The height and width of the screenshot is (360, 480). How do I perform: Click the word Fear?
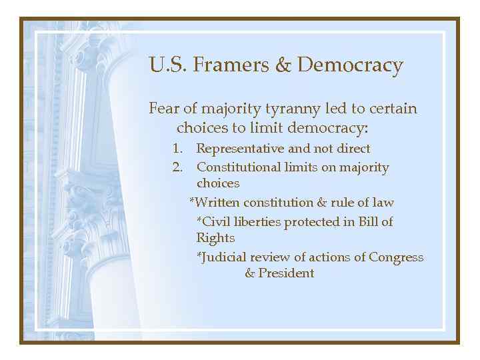click(x=163, y=108)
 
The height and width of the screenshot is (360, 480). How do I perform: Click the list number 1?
click(x=177, y=149)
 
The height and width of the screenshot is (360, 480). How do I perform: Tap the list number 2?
click(x=177, y=167)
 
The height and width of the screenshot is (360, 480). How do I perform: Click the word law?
click(x=383, y=202)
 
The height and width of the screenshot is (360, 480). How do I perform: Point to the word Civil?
click(x=214, y=222)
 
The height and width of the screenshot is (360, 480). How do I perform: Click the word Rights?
click(x=215, y=238)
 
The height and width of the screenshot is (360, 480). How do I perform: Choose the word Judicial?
click(x=225, y=257)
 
